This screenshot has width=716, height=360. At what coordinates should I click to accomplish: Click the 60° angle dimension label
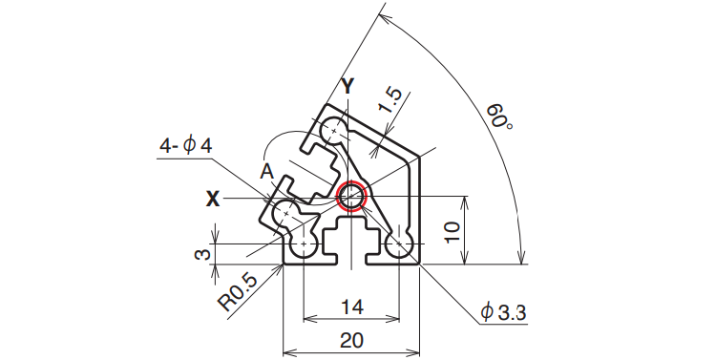pos(498,116)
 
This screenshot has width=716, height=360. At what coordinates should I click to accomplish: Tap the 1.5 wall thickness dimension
pos(390,100)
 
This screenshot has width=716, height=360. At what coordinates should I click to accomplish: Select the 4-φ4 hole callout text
pos(186,146)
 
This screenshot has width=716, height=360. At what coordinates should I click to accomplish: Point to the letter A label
pos(267,172)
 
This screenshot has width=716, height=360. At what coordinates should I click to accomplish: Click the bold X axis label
pos(212,200)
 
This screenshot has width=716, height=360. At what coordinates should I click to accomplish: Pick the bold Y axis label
pos(347,86)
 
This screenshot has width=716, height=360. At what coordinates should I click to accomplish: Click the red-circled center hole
pos(351,197)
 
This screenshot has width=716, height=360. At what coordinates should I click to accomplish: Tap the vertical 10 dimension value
pos(452,233)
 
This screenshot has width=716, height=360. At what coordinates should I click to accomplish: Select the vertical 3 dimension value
pos(203,254)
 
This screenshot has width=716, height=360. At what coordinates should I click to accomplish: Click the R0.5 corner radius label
pos(239,291)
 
